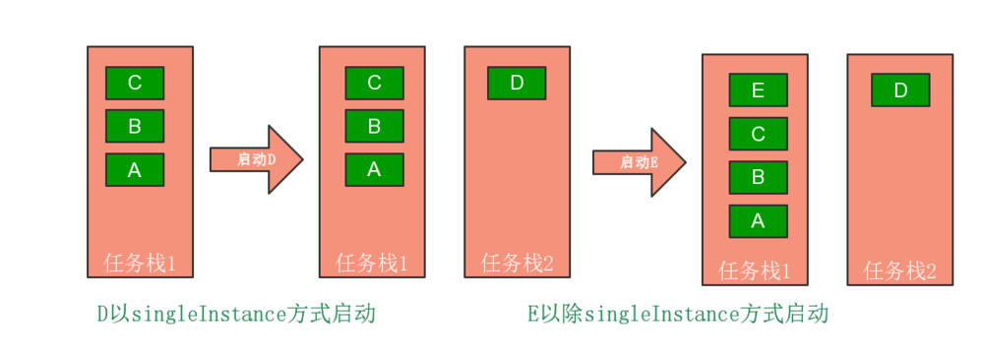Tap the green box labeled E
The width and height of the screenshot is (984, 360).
point(758,90)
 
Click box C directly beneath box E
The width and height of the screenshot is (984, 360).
point(758,134)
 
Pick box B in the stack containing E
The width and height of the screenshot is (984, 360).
point(758,177)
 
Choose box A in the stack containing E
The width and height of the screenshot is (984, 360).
point(758,220)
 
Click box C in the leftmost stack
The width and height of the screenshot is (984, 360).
point(135,83)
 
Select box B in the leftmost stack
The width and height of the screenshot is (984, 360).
point(135,126)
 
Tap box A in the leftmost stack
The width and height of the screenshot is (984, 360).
point(135,169)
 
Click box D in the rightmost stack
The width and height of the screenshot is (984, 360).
point(900,90)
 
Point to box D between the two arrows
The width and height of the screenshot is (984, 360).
point(517,83)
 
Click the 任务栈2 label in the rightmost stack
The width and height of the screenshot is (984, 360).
point(900,270)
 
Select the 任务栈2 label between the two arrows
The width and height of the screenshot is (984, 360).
point(518,263)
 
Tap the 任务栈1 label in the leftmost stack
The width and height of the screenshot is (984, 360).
point(140,263)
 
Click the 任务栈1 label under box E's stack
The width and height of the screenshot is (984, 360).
point(755,270)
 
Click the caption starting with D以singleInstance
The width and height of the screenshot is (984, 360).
point(236,315)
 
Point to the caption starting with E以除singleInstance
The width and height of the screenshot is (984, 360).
point(677,315)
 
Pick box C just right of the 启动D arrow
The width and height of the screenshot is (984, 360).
point(374,83)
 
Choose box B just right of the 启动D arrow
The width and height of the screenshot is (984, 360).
point(374,126)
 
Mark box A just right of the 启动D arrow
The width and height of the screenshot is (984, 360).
point(374,169)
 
